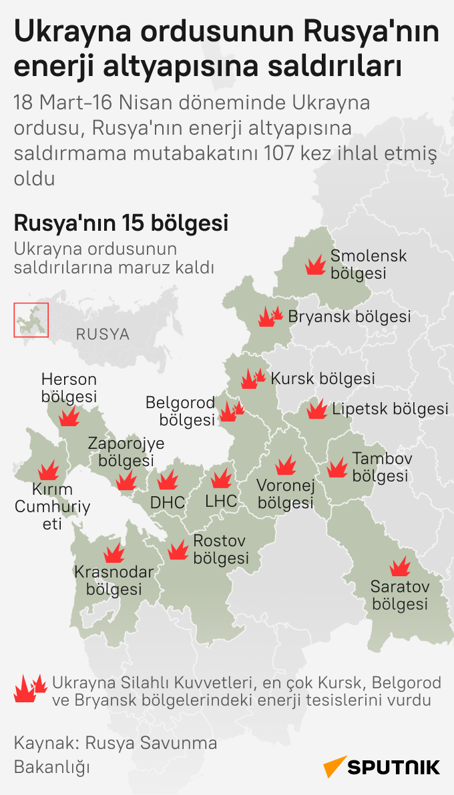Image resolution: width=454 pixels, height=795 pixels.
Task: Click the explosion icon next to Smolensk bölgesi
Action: pyautogui.click(x=314, y=266)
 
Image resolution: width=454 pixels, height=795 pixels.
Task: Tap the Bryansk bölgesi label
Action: pyautogui.click(x=349, y=317)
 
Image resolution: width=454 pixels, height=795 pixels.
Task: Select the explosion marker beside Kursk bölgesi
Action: pyautogui.click(x=252, y=379)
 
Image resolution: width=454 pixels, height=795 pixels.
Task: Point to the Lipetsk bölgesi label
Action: pyautogui.click(x=390, y=409)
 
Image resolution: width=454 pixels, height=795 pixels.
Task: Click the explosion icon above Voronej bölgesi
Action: pyautogui.click(x=286, y=465)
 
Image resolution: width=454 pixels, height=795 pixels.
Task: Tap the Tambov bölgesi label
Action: pyautogui.click(x=382, y=468)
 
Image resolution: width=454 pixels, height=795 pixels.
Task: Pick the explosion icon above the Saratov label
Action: pyautogui.click(x=400, y=567)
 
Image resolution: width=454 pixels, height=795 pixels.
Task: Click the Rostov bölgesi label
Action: pyautogui.click(x=221, y=550)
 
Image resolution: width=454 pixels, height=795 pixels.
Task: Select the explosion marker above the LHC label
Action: pyautogui.click(x=220, y=478)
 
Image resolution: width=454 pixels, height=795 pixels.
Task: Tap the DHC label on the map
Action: pyautogui.click(x=167, y=502)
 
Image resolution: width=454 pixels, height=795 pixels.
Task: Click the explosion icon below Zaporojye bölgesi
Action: pyautogui.click(x=126, y=480)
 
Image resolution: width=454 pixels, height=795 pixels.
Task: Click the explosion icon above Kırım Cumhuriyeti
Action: pyautogui.click(x=47, y=471)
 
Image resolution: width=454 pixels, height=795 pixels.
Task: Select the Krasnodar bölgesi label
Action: pyautogui.click(x=113, y=581)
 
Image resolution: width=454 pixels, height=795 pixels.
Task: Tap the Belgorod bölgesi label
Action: pyautogui.click(x=180, y=411)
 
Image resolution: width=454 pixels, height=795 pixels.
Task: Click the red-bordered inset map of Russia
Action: pyautogui.click(x=31, y=319)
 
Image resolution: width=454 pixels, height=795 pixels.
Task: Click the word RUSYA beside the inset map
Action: pyautogui.click(x=102, y=334)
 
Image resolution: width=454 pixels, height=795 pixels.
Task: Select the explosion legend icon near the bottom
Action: pyautogui.click(x=29, y=688)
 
